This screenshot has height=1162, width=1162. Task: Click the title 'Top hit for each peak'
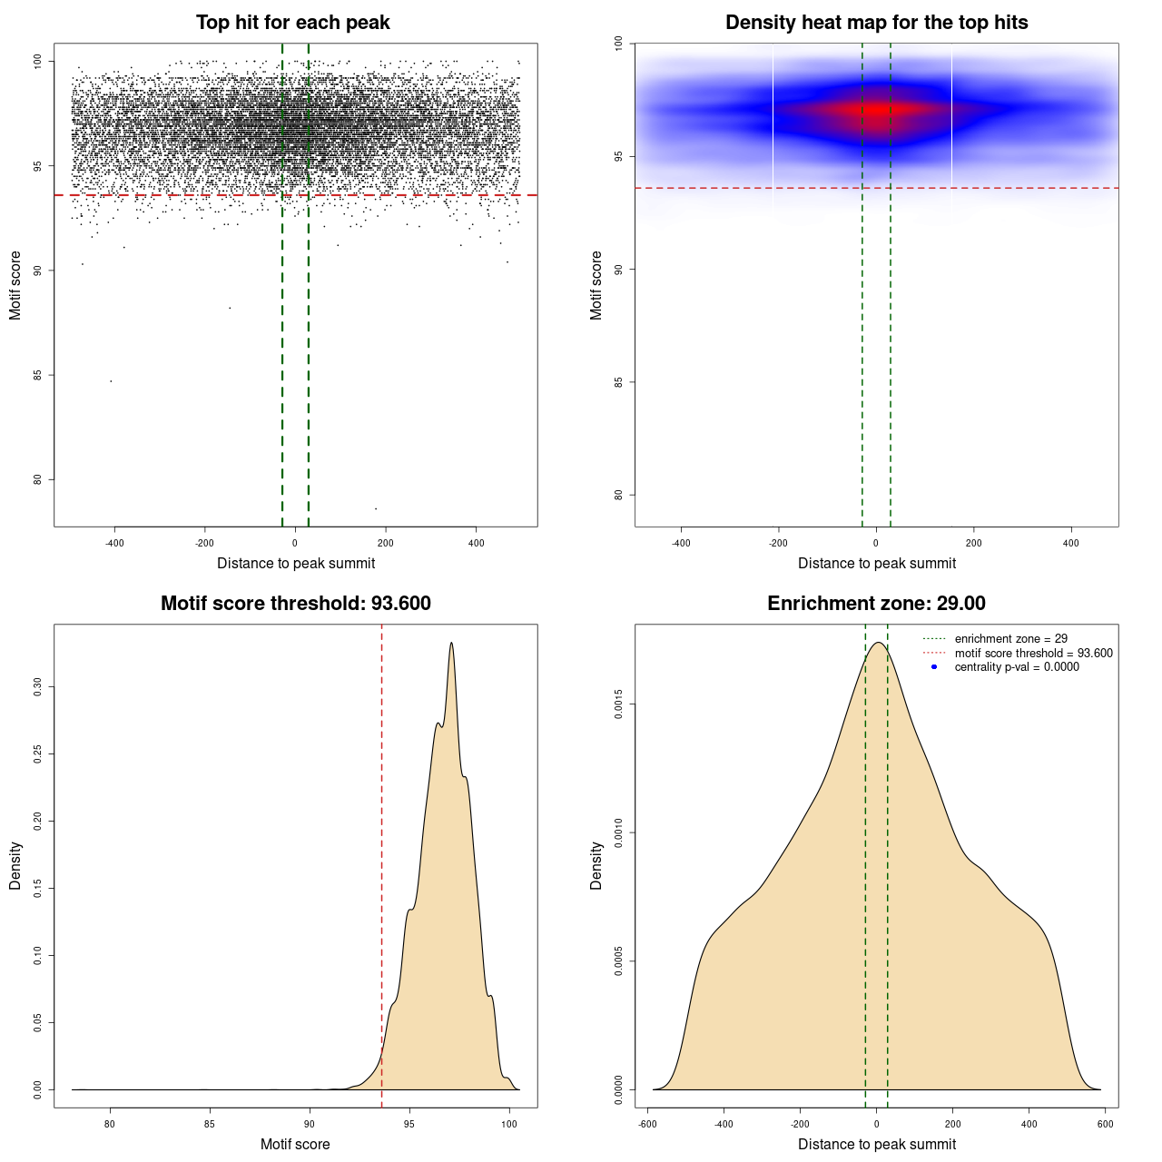[292, 23]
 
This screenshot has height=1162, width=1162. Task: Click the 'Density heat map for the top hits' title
[876, 23]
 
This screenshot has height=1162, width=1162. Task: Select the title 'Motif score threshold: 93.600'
[295, 604]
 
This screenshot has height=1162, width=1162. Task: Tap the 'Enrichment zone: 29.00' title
[876, 604]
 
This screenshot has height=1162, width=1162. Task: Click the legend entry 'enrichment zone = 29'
[1010, 639]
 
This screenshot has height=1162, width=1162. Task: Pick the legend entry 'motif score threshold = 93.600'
[1033, 653]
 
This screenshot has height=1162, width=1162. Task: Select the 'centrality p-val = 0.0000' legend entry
[1017, 666]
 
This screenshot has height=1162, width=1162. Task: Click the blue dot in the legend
[934, 666]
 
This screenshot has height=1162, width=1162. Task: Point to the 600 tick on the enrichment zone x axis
[1105, 1124]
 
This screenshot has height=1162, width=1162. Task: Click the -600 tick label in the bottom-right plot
[647, 1124]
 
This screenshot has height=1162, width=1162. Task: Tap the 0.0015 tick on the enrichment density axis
[618, 704]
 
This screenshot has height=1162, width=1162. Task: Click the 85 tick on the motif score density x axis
[210, 1124]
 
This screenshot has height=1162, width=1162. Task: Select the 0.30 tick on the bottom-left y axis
[37, 687]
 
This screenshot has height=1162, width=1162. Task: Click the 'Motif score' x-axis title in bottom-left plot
[295, 1144]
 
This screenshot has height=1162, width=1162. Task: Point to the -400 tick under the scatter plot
[114, 543]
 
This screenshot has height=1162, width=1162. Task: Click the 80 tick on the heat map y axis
[618, 495]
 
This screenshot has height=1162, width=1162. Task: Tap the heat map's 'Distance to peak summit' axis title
[876, 563]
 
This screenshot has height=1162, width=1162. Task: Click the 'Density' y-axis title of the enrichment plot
[596, 865]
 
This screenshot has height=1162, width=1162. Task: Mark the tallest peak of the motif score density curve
[451, 644]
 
